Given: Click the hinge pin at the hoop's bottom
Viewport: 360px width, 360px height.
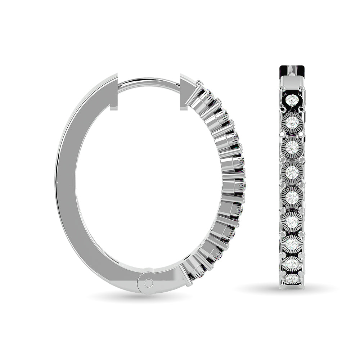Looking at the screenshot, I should (148, 283).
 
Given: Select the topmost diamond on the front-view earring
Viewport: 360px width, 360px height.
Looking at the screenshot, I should (292, 99).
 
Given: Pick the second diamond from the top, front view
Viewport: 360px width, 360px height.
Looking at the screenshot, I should (292, 123).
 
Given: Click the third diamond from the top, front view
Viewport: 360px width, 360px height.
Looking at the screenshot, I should (292, 147).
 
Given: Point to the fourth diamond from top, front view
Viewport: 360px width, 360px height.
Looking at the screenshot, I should (292, 171).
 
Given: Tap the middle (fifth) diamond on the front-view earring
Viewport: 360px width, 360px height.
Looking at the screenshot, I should (292, 196).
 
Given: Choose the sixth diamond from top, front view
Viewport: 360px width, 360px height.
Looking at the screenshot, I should (292, 220).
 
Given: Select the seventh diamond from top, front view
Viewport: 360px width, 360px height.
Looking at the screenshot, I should (292, 244).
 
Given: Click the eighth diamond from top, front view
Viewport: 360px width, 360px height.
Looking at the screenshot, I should (292, 265).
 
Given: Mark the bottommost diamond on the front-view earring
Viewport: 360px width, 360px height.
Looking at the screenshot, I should (292, 280).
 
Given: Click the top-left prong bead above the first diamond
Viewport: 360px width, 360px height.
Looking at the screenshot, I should (283, 88).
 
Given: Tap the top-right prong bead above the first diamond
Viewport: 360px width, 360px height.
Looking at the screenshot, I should (302, 88).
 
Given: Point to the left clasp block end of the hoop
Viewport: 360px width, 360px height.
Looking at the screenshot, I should (113, 92).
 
